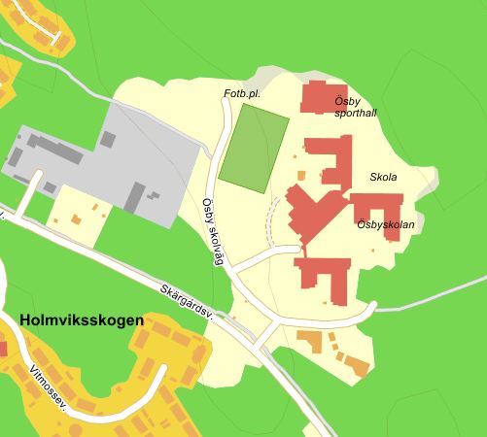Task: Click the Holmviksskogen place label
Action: [81, 319]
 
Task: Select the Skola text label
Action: [383, 177]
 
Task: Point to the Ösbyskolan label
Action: [385, 224]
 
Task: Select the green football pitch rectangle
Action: [254, 146]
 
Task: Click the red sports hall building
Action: [317, 98]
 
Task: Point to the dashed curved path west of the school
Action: [270, 218]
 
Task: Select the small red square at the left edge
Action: [3, 348]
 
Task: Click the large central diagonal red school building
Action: [313, 210]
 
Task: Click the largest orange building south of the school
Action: [310, 342]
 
